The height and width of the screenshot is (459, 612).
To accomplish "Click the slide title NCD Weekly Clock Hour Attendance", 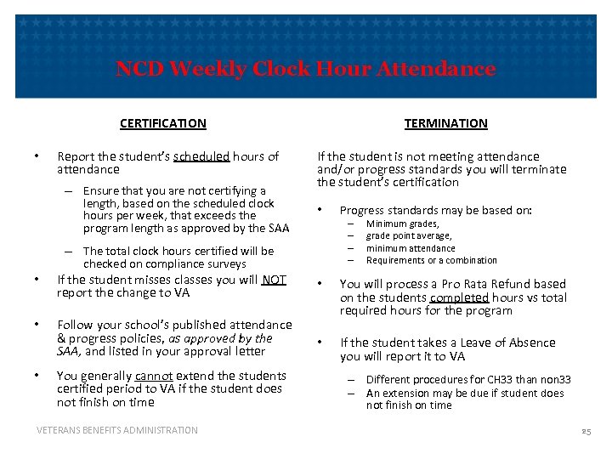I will pos(305,69).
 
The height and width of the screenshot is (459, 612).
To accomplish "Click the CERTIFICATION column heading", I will pos(162,123).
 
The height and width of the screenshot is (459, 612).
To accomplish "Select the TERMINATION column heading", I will pos(445,123).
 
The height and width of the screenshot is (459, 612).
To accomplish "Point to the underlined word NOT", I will pos(275,280).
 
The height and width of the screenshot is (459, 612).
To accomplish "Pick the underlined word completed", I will pos(459,297).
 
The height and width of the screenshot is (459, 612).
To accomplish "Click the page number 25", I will pos(586,433).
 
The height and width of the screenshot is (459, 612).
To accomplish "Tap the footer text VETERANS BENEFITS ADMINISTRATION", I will pos(117,430).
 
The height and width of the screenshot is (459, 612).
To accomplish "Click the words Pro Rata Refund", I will pos(485,284).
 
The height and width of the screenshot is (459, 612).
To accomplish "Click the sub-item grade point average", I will pos(409,235).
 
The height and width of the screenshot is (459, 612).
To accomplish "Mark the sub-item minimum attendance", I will pos(411,248).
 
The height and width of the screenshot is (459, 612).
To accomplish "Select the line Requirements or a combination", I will pos(431,260).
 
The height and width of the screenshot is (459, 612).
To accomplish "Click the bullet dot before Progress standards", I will pos(320,209).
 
